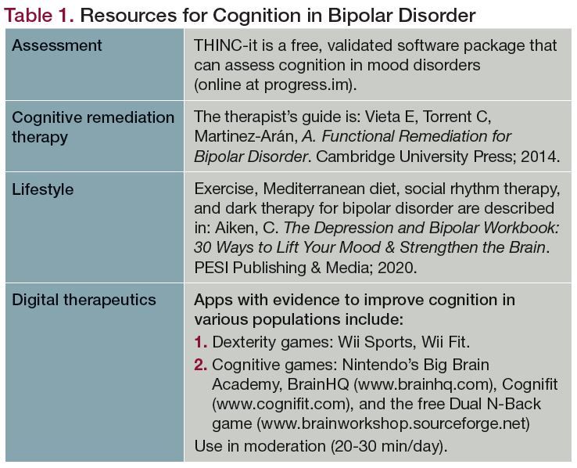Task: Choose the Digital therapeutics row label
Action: click(84, 300)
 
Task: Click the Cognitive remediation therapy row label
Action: click(93, 127)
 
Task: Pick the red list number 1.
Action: click(201, 342)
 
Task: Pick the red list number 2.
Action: click(201, 365)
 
